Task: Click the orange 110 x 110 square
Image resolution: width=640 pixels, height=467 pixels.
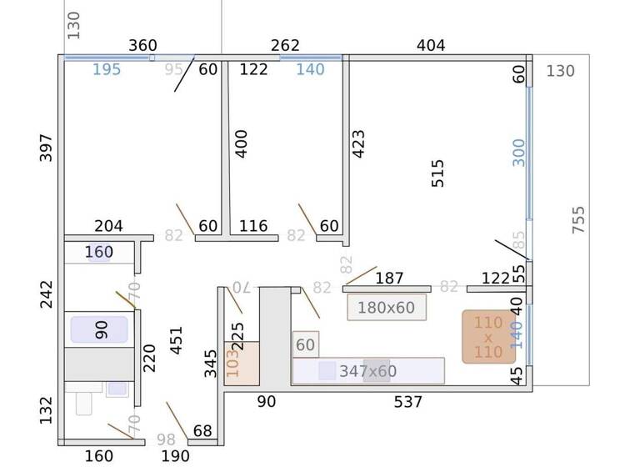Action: tap(487, 337)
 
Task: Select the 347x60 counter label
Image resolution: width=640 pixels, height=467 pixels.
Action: tap(367, 371)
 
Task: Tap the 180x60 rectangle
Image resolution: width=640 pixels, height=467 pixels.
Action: tap(386, 308)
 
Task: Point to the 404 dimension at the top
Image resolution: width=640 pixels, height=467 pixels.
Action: tap(431, 45)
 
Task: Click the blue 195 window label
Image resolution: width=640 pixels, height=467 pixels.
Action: tap(107, 69)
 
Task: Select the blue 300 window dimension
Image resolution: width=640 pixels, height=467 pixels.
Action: tap(519, 152)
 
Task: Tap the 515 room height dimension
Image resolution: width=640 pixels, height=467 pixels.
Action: tap(437, 173)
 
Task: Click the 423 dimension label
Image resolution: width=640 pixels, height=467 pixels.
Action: tap(360, 146)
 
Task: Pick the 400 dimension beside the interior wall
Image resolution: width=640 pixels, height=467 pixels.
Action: tap(242, 143)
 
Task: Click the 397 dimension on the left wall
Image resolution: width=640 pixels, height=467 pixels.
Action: tap(46, 148)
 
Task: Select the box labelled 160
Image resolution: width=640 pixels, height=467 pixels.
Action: tap(98, 252)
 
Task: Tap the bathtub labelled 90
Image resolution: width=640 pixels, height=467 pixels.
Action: tap(100, 329)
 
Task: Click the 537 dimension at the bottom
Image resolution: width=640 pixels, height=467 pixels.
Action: tap(408, 402)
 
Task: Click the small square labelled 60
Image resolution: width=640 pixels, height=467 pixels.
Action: tap(306, 344)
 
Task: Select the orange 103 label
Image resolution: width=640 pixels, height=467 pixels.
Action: tap(232, 364)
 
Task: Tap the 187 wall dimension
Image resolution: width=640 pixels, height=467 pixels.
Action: tap(389, 278)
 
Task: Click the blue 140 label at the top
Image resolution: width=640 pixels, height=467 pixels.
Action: tap(310, 69)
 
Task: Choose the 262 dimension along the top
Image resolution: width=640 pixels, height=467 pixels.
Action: tap(285, 45)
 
